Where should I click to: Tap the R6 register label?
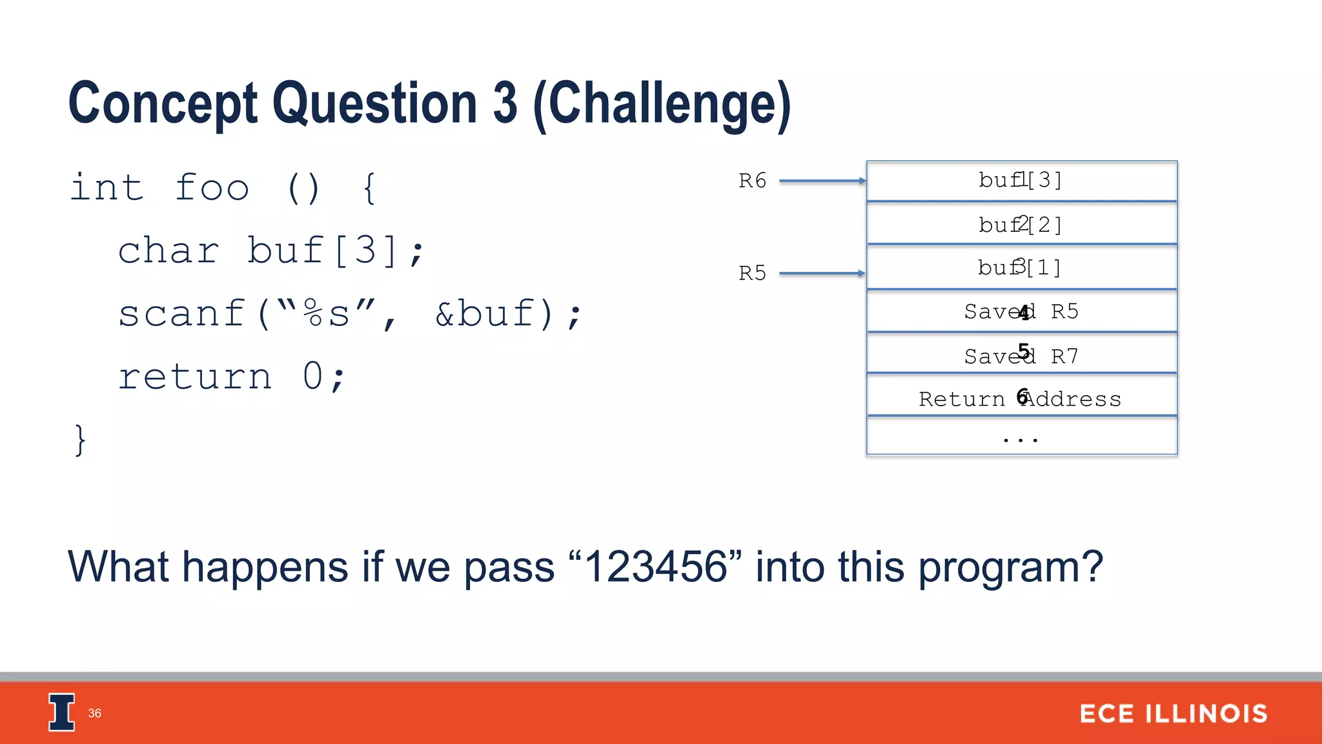752,181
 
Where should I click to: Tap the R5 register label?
752,273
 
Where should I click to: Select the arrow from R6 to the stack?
822,181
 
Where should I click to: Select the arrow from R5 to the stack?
822,274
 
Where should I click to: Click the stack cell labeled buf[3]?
1021,181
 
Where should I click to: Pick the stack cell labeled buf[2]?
1021,224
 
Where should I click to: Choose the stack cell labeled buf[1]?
1021,267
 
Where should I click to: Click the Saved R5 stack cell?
1021,311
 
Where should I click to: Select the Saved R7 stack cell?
1021,355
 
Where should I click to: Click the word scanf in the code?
182,314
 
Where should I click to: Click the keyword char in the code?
168,251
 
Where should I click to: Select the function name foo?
212,188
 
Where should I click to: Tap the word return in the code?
195,377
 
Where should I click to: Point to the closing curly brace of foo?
80,440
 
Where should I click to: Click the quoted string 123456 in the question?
656,567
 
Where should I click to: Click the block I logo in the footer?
62,712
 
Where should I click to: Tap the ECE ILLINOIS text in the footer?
1173,714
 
